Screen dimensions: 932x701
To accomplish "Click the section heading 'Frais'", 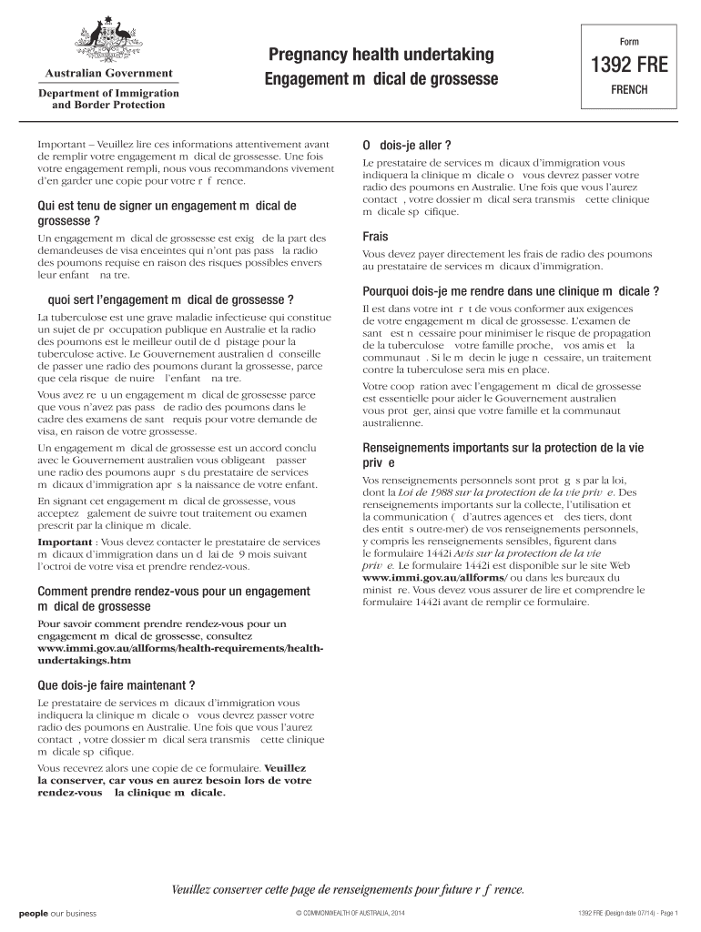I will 375,237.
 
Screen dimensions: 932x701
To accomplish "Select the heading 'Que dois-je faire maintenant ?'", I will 116,684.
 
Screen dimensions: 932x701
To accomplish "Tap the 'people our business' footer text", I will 57,913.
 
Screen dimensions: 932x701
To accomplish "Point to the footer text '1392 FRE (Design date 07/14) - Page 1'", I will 628,913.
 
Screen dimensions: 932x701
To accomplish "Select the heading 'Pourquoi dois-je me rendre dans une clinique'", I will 511,291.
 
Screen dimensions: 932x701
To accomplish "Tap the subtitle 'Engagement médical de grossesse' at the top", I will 381,80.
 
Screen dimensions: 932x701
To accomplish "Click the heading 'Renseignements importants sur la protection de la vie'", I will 503,448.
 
